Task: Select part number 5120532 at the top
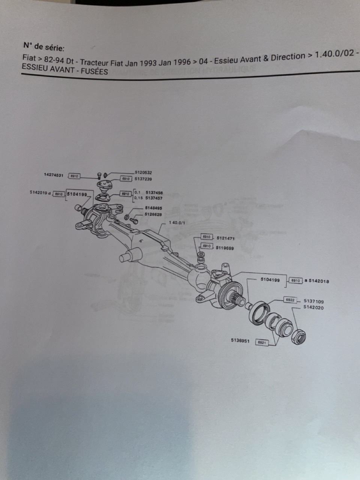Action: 143,172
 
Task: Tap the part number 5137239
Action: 143,179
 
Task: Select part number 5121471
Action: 225,238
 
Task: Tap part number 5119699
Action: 225,248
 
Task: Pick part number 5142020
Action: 313,307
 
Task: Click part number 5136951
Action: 240,341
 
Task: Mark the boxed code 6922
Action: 289,300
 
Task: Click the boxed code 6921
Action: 262,342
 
